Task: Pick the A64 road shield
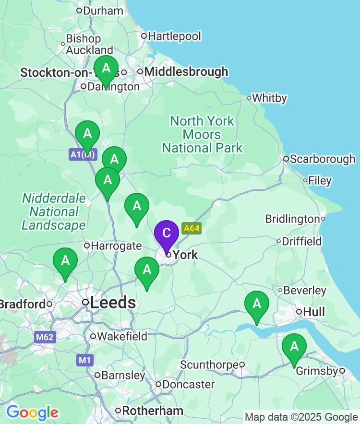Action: (x=191, y=228)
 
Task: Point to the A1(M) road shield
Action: (x=84, y=154)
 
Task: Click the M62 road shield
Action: (x=45, y=337)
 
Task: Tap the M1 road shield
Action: (x=84, y=360)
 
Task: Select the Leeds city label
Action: (x=113, y=303)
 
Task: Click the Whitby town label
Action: (x=269, y=98)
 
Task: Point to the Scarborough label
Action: (x=322, y=159)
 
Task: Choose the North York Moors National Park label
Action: (x=202, y=134)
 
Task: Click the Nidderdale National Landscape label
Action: (x=54, y=212)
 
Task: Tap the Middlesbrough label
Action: (x=186, y=72)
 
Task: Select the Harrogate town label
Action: (x=117, y=246)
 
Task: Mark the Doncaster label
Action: (x=188, y=385)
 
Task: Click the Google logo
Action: (x=32, y=412)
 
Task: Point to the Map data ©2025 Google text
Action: (x=301, y=417)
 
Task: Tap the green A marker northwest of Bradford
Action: (x=65, y=261)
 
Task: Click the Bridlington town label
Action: (x=292, y=219)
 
